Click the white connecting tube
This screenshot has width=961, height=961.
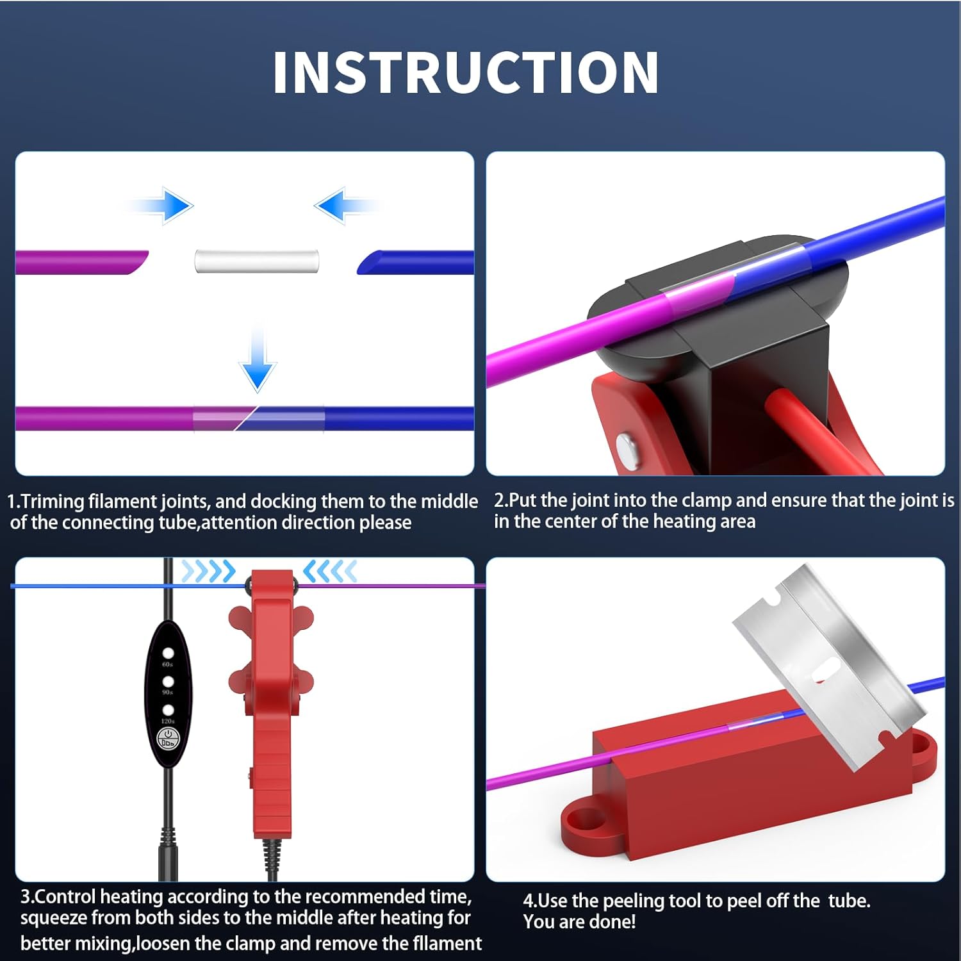[257, 261]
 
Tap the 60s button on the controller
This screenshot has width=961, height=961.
[168, 653]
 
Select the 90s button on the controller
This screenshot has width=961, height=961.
[168, 681]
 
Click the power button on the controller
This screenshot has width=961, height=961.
[168, 738]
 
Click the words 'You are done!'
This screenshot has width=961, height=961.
[580, 922]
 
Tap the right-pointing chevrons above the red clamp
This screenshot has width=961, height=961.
[209, 570]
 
